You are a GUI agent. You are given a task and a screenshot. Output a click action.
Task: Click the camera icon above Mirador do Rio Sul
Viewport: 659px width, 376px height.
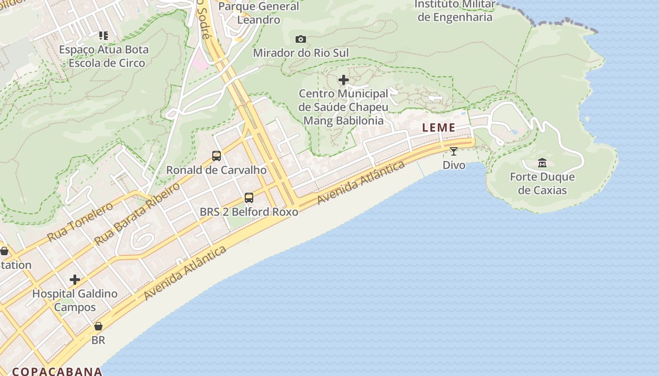[300, 39]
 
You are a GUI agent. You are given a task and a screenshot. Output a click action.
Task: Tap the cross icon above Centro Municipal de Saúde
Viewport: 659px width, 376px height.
[344, 80]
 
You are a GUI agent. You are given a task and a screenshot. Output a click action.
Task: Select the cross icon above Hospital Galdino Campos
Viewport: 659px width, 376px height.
[75, 280]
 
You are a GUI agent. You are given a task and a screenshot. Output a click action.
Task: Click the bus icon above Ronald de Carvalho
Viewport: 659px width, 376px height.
[217, 156]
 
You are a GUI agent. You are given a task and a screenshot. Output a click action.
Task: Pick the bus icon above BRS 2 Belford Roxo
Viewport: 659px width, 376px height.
[249, 198]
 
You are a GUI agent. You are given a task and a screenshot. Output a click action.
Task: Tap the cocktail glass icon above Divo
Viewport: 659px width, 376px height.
[454, 151]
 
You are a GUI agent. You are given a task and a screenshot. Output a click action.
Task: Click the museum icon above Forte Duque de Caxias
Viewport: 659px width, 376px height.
[542, 163]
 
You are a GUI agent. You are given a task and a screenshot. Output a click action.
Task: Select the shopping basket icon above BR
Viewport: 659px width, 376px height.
[98, 326]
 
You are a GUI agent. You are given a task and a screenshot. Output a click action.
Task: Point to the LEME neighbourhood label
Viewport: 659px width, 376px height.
[439, 127]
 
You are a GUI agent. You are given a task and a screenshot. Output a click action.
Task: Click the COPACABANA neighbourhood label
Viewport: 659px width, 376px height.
[57, 371]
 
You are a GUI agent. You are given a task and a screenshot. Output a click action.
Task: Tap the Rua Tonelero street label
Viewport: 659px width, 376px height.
[80, 222]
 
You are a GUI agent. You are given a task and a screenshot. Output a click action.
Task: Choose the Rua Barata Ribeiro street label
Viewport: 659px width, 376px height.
[137, 214]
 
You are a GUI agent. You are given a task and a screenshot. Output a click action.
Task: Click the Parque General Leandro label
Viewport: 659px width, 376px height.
[258, 13]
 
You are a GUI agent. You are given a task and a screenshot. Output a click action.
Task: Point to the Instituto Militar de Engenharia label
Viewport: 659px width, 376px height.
[455, 11]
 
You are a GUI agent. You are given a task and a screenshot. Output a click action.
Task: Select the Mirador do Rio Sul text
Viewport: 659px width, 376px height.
[301, 53]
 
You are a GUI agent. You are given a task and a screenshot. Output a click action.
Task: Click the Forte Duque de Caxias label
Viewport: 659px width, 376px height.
[542, 184]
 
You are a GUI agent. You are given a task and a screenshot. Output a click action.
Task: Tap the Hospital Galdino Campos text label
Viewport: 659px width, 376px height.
[75, 300]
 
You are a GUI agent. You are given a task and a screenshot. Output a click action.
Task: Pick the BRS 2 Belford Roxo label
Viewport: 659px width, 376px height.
[249, 212]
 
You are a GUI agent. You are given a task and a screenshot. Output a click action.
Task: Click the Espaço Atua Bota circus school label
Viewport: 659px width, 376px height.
[104, 56]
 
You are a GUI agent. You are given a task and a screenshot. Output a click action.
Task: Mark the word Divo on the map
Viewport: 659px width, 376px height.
[454, 165]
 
